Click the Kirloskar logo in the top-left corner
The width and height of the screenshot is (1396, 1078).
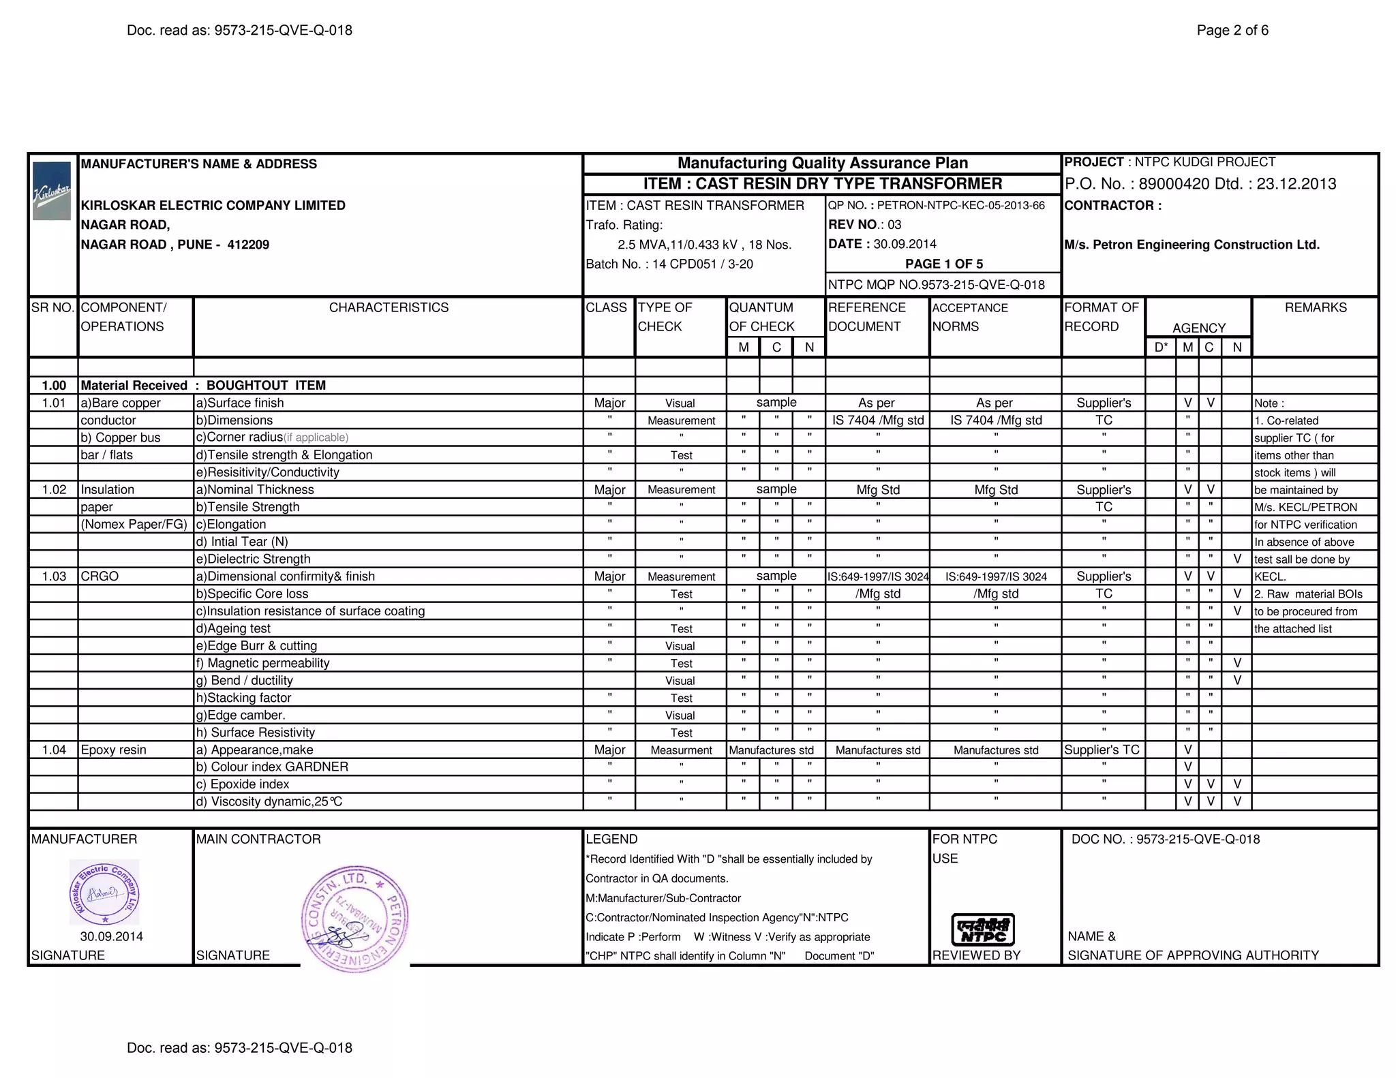[52, 191]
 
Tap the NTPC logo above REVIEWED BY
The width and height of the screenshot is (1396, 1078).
[982, 929]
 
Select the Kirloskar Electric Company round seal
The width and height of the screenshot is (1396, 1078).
[104, 891]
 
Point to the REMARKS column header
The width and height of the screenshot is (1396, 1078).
[1315, 308]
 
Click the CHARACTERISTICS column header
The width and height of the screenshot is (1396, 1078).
[389, 308]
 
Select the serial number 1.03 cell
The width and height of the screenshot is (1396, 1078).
[54, 576]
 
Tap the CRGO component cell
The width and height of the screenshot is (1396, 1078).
[100, 576]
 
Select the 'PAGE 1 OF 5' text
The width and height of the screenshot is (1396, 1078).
[943, 264]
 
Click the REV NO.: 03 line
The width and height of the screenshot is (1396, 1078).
[864, 225]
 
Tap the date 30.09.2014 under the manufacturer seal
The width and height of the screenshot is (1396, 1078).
[111, 936]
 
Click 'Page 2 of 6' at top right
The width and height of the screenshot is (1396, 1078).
[1232, 31]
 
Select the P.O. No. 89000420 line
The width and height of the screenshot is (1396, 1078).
[1200, 184]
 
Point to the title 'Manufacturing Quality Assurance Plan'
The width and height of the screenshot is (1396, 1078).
[822, 164]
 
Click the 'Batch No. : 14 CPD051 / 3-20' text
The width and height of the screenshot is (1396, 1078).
[669, 264]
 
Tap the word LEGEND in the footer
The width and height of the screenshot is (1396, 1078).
[611, 840]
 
